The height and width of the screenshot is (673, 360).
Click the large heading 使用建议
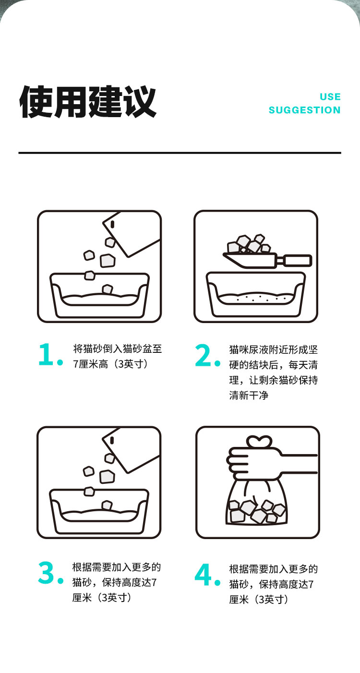[x=88, y=102]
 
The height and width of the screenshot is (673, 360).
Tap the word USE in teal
[x=330, y=97]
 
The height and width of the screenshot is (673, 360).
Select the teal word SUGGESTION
[x=305, y=110]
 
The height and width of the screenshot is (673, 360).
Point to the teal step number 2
[x=208, y=355]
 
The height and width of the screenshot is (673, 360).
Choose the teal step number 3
[x=50, y=573]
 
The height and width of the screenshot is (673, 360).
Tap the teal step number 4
[x=207, y=575]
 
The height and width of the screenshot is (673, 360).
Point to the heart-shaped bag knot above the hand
[x=259, y=442]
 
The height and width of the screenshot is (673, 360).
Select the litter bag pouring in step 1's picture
[x=131, y=234]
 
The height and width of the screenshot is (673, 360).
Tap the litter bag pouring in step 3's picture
[x=131, y=451]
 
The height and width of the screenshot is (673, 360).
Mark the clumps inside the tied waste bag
[x=257, y=511]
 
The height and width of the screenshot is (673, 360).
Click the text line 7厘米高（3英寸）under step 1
[x=110, y=364]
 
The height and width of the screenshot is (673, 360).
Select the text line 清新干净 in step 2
[x=249, y=395]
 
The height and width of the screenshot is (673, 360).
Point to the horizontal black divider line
[x=180, y=153]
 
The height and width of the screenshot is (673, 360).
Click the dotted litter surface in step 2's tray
[x=256, y=298]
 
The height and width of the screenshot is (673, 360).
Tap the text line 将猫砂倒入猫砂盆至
[x=118, y=349]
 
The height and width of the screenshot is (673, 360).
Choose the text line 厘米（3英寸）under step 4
[x=259, y=600]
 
